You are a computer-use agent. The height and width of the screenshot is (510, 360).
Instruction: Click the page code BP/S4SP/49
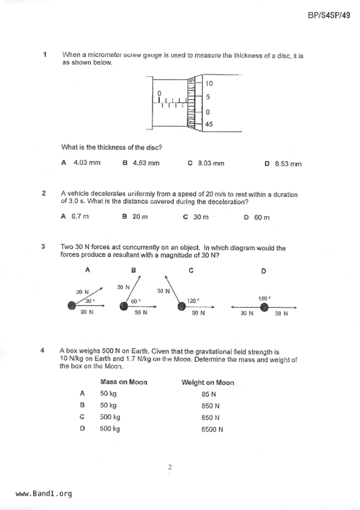point(329,15)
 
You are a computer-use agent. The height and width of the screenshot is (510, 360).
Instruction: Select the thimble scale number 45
point(209,124)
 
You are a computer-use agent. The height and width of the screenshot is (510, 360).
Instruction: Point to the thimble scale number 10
point(209,84)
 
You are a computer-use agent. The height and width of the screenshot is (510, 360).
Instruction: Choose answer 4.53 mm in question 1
point(146,163)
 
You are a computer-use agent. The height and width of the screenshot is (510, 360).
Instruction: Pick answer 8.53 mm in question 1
point(288,164)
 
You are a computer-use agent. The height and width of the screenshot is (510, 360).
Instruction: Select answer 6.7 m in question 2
point(80,217)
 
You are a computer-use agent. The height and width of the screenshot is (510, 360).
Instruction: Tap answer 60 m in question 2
point(262,217)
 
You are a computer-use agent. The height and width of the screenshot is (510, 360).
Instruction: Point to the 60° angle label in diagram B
point(136,301)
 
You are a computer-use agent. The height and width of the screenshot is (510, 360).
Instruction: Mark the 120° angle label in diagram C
point(193,301)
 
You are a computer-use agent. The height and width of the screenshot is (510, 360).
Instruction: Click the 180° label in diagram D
point(264,299)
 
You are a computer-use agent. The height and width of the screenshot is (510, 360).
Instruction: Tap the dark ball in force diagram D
point(264,307)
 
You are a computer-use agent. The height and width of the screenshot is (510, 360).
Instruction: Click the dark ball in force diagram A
point(71,306)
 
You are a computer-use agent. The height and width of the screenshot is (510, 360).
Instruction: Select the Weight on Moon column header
point(208,383)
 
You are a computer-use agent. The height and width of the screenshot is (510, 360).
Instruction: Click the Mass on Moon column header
point(124,382)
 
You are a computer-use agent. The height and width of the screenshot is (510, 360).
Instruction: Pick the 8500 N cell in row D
point(212,429)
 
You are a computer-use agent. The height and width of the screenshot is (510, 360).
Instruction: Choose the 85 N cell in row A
point(209,395)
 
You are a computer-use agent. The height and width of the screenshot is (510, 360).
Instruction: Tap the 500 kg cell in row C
point(110,417)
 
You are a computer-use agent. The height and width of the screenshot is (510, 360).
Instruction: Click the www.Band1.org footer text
point(44,494)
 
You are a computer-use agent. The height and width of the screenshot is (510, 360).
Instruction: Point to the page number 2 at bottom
point(170,467)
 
